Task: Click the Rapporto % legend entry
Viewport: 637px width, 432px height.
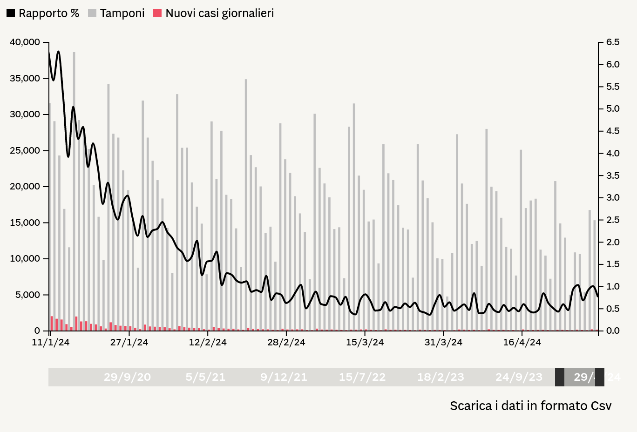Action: pos(43,13)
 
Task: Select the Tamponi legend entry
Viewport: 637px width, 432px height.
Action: pos(116,13)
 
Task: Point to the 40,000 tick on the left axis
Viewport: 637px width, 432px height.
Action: pos(25,42)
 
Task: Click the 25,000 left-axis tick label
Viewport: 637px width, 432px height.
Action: pos(25,150)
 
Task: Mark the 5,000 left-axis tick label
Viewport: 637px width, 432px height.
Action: pos(27,295)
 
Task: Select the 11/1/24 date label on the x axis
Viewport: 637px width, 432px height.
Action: pos(51,343)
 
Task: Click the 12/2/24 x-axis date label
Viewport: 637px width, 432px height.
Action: pos(208,343)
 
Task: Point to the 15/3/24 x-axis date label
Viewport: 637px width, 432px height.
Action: pos(365,343)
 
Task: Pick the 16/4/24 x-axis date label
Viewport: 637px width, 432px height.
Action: pos(522,343)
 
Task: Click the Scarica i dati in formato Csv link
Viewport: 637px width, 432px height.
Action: pos(530,406)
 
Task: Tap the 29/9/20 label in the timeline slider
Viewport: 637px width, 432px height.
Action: pos(127,377)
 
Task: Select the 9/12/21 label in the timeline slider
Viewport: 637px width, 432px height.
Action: pos(284,377)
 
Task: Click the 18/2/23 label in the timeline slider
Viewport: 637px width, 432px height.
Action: pos(440,377)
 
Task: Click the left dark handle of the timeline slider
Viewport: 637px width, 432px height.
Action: pos(560,377)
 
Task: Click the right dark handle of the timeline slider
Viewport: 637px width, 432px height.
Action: pos(600,377)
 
